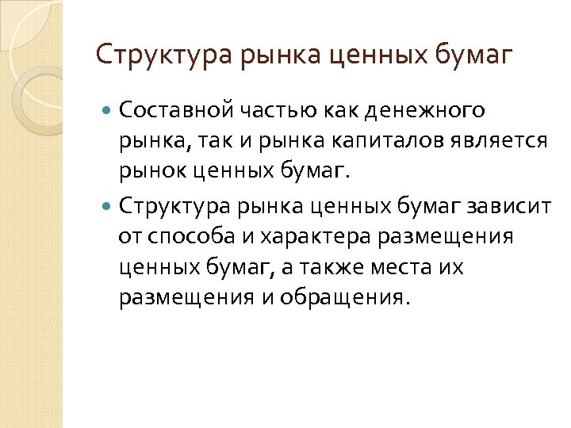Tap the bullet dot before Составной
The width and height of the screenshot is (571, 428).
[109, 109]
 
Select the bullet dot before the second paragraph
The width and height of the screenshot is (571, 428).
[109, 207]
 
